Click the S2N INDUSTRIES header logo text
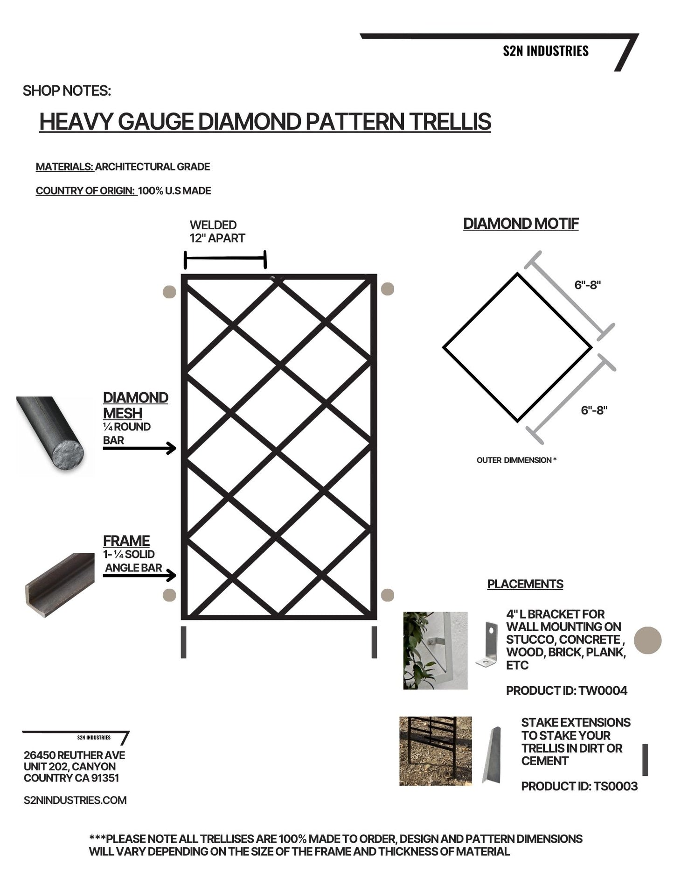[x=545, y=51]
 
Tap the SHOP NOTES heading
[x=67, y=91]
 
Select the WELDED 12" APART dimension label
[x=217, y=232]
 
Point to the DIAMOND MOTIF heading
[x=521, y=224]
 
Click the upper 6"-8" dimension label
[x=587, y=285]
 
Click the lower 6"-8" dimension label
[x=594, y=410]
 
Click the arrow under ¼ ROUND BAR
[x=139, y=449]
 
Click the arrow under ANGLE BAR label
[x=139, y=576]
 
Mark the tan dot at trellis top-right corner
[x=387, y=289]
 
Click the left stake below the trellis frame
[x=183, y=642]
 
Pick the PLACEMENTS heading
[x=525, y=584]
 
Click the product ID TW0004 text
[x=567, y=690]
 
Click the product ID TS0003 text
[x=579, y=786]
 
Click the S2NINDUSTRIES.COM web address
[x=75, y=800]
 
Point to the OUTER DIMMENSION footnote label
[x=516, y=460]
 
